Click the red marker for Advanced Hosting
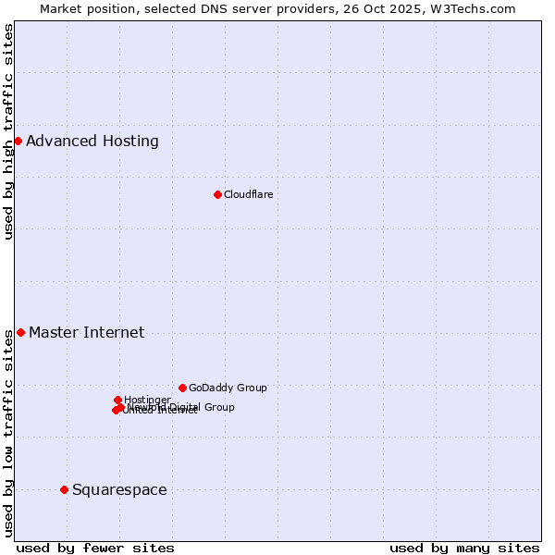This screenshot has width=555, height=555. [x=18, y=141]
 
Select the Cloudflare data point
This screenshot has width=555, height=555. [x=217, y=194]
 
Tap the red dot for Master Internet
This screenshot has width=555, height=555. [x=20, y=332]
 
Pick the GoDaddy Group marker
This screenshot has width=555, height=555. [x=182, y=388]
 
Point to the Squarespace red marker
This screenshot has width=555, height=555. [x=64, y=489]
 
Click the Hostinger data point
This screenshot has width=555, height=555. [x=117, y=400]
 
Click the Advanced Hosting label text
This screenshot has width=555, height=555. [x=92, y=142]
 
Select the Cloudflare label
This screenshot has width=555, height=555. [x=248, y=194]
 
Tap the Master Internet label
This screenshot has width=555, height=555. [x=86, y=333]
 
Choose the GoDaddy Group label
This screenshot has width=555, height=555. [x=228, y=388]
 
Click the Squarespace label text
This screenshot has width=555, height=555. [x=119, y=490]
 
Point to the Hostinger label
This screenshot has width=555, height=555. [x=147, y=400]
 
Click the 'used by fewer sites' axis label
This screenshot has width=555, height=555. [x=95, y=548]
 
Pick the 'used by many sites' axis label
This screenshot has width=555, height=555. [x=464, y=548]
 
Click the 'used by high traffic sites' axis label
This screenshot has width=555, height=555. [x=9, y=131]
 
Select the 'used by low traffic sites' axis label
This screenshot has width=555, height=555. [x=9, y=433]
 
